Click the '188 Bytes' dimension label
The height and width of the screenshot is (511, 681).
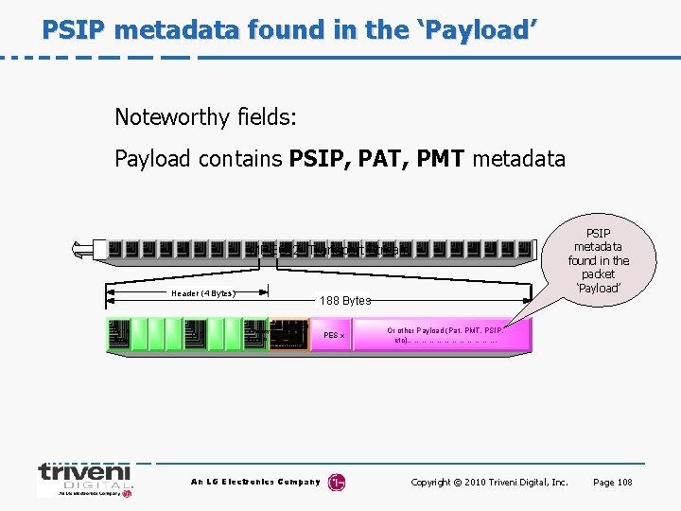coord(344,300)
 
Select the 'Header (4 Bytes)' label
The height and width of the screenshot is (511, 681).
coord(202,293)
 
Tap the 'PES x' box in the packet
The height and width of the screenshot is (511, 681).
coord(334,335)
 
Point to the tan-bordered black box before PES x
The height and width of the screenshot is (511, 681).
coord(288,335)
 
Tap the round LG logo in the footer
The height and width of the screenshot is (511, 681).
coord(337,483)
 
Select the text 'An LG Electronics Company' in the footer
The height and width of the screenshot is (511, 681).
coord(255,483)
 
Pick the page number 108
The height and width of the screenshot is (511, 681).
coord(623,483)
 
